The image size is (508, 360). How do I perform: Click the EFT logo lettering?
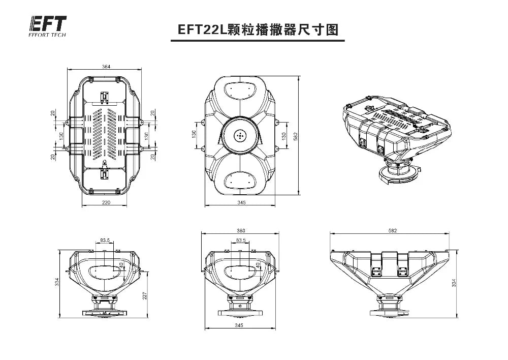point(48,24)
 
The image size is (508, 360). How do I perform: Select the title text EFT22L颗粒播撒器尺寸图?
point(258,29)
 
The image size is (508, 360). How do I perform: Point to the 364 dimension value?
point(106,67)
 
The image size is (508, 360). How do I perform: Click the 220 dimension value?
point(106,202)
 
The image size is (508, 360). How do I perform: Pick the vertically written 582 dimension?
point(296,136)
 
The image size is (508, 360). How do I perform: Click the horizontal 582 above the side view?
point(392,231)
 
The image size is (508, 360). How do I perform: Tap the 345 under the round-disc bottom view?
point(241,202)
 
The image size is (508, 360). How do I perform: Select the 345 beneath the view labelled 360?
point(241,324)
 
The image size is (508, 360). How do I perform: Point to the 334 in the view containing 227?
point(57,281)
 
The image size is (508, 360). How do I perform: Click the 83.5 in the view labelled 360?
point(241,240)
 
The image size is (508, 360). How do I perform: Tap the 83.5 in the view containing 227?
point(105,240)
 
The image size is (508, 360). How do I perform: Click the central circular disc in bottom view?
point(240,136)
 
